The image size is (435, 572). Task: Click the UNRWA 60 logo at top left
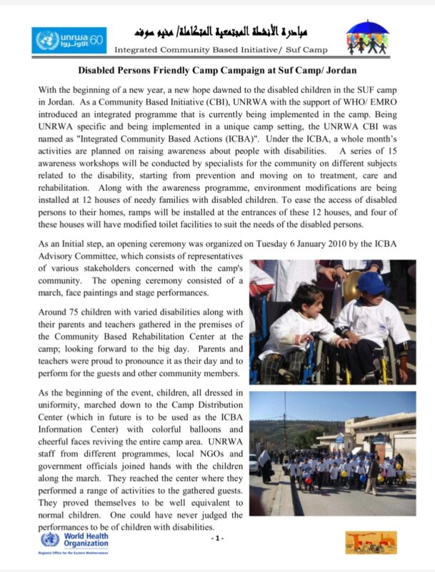point(69,39)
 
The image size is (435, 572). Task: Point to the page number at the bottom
point(218,537)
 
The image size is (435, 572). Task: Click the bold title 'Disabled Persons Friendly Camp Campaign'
point(217,71)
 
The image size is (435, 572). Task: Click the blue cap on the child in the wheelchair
point(372,284)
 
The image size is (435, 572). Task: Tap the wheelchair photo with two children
point(332,322)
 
